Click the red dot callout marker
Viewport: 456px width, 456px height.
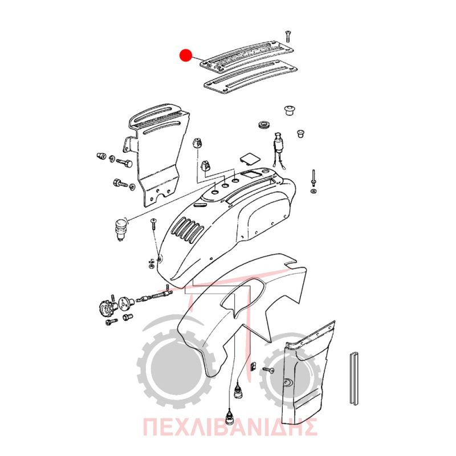[x=186, y=55]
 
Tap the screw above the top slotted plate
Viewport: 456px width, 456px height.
[x=288, y=36]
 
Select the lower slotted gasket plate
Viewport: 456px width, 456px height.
[x=250, y=78]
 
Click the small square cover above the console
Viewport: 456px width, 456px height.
[x=250, y=158]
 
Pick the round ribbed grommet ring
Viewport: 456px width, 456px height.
[x=264, y=125]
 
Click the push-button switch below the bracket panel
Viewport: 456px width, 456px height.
[x=121, y=230]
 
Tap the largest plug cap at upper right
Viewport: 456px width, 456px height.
[x=290, y=109]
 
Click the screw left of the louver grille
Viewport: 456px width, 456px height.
[x=153, y=224]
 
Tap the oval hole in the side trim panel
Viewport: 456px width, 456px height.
[x=288, y=382]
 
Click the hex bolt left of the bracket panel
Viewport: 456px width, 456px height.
[x=124, y=162]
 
